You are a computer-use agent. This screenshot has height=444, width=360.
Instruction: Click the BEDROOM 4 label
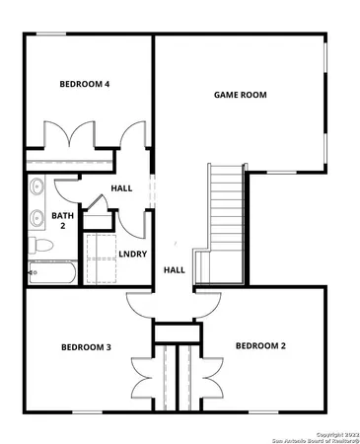85,85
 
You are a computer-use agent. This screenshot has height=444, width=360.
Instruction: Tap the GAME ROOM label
241,95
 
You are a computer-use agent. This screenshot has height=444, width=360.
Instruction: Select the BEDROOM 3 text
86,347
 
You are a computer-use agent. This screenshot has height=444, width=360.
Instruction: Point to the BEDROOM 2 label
260,346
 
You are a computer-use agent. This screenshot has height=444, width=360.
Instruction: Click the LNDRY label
132,254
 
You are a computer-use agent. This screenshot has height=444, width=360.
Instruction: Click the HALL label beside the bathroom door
121,187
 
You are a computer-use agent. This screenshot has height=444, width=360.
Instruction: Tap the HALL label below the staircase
174,269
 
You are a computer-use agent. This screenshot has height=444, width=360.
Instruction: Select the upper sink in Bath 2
37,186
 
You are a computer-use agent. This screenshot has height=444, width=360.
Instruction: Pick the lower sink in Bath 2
37,218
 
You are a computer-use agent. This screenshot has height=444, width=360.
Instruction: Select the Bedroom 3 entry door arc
139,307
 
